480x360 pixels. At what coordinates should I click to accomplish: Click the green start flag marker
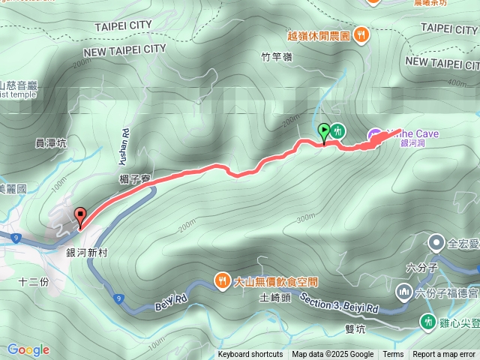[323, 132]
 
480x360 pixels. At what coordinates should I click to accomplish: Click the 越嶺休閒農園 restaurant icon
[361, 34]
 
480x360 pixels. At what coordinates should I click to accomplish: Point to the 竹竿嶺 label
[275, 55]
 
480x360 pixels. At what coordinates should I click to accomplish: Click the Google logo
[28, 349]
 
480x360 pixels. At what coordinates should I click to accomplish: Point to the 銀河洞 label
[412, 142]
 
